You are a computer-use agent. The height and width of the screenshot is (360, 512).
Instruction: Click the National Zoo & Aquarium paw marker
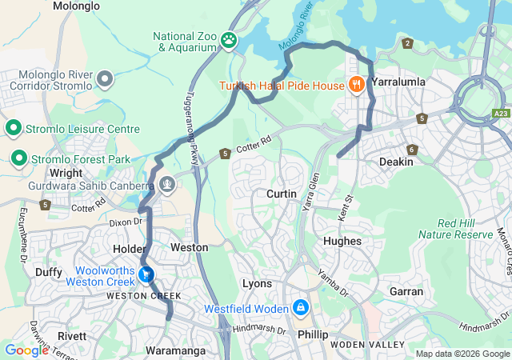coord(230,39)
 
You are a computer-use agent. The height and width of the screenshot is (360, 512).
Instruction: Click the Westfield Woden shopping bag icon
coord(300,307)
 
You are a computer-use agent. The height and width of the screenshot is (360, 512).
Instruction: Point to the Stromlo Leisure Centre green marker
coord(14,128)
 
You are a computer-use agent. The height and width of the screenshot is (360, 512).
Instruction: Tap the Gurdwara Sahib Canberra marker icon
coord(166,185)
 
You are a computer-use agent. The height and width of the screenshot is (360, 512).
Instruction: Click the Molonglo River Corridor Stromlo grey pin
coord(106,78)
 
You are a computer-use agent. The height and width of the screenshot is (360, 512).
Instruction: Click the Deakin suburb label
coord(396,162)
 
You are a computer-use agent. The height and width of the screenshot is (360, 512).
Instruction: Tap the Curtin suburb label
coord(282,194)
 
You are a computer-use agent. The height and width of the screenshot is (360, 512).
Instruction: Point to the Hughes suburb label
coord(342,241)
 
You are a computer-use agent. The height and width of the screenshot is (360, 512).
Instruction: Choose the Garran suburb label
coord(406,291)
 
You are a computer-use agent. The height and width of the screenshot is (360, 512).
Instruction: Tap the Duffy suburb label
coord(49,272)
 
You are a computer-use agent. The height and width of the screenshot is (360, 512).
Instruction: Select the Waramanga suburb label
coord(175,350)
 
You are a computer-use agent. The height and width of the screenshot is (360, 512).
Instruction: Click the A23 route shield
coord(501,114)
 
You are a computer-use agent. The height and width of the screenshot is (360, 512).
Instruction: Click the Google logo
coord(26,350)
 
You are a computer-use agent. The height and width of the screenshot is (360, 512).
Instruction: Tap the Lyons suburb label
coord(257,284)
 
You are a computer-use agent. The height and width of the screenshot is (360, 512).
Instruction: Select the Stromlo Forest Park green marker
coord(18,160)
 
